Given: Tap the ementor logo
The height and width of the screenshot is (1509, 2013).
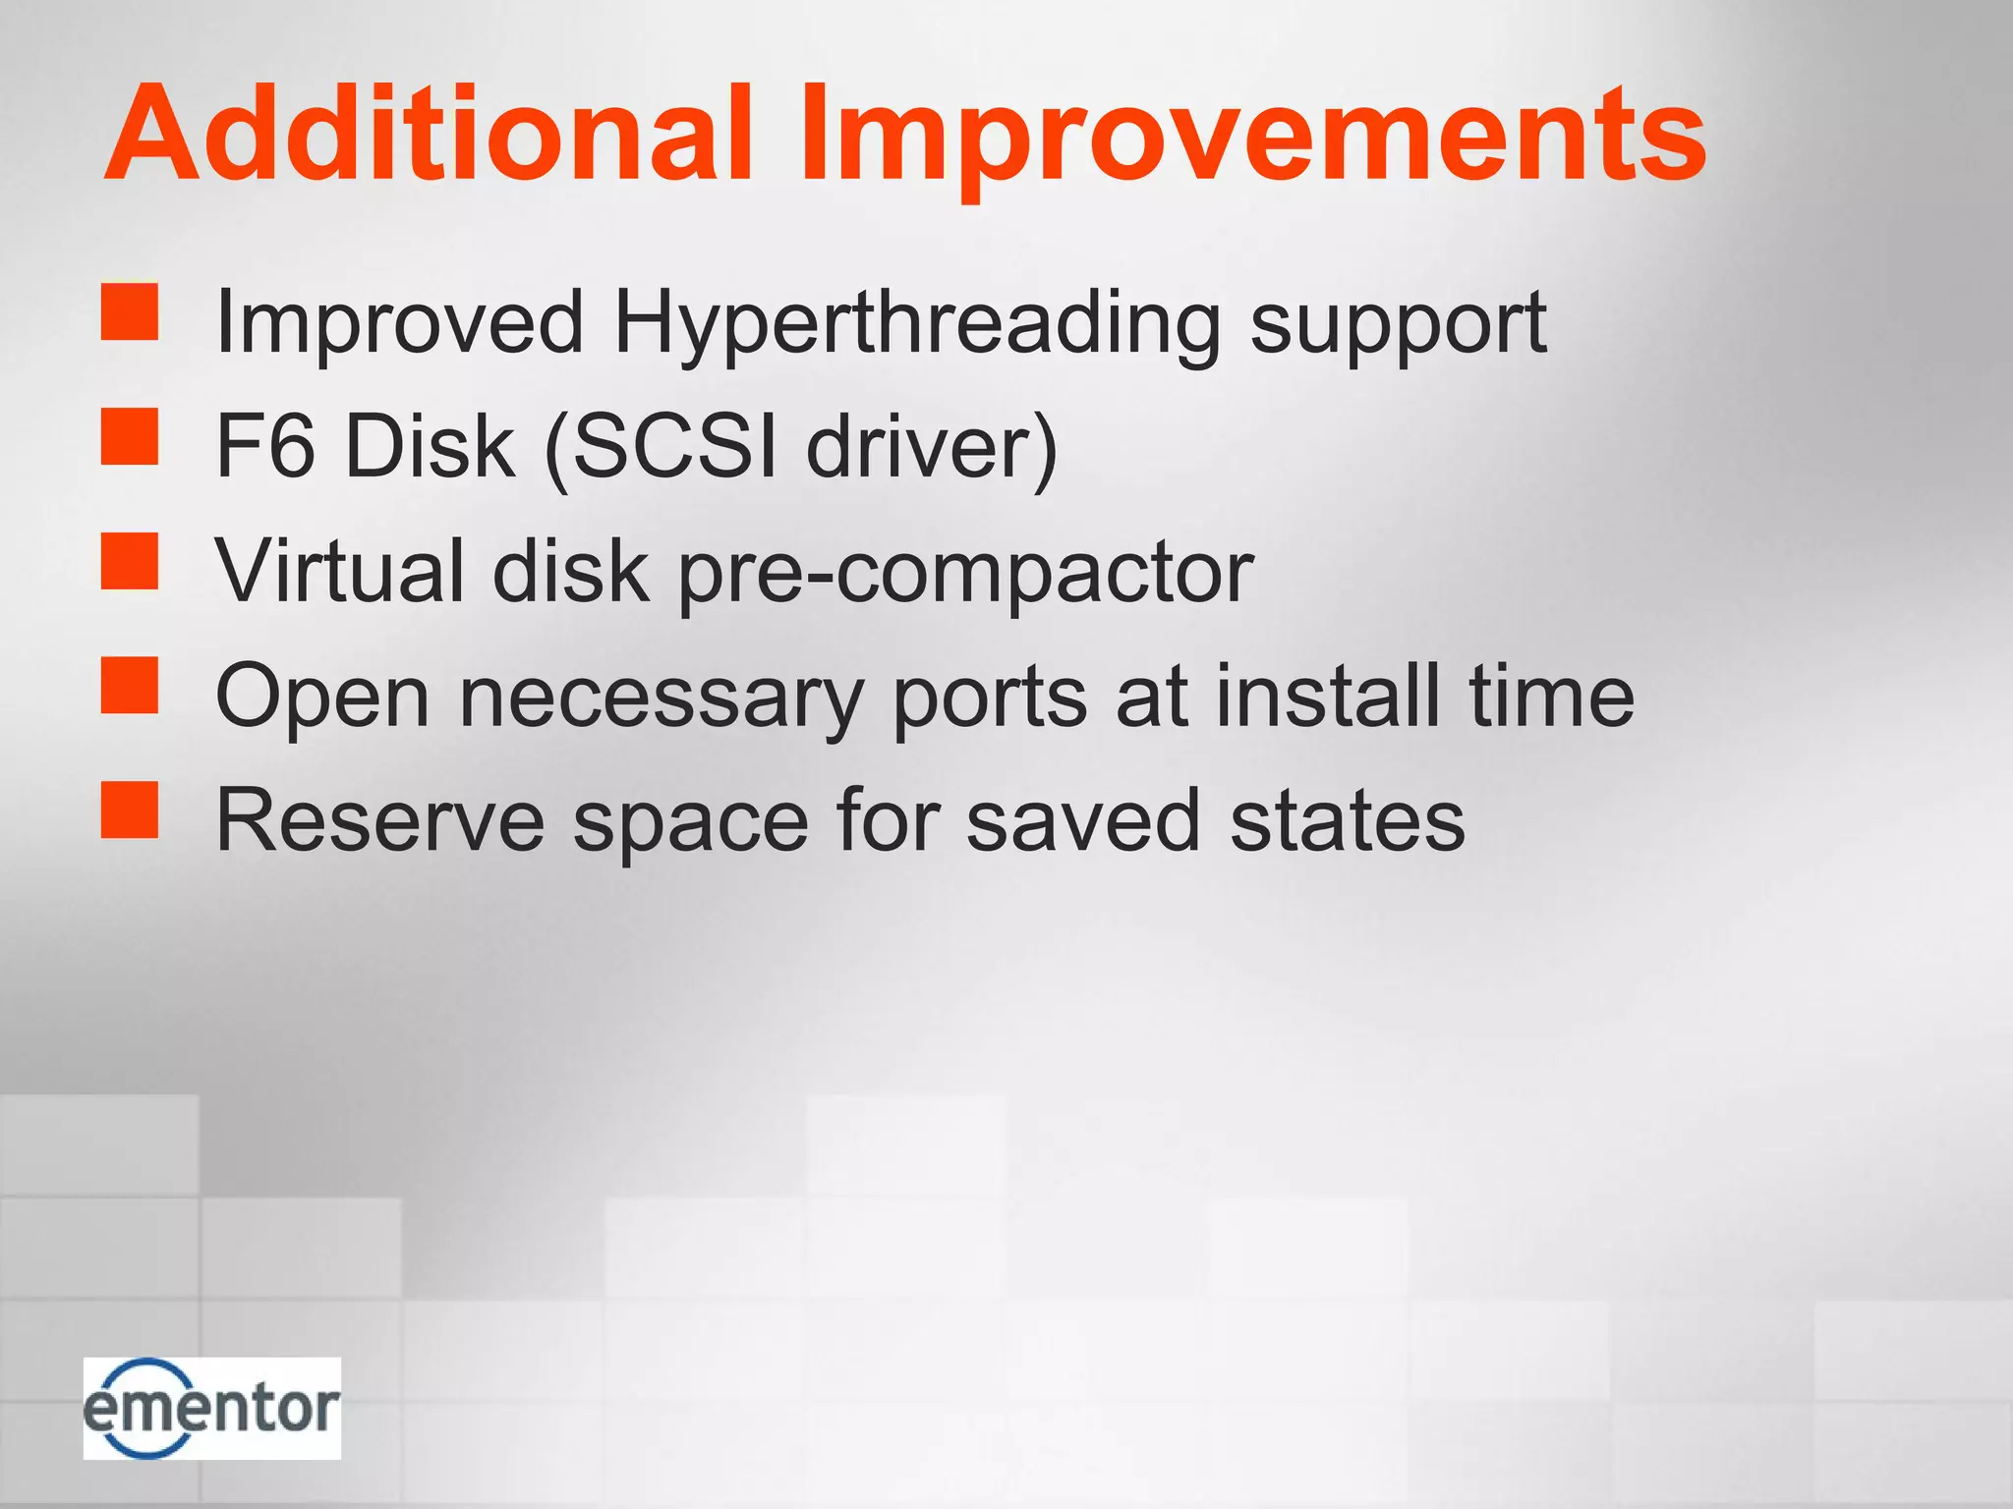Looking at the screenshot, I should point(211,1408).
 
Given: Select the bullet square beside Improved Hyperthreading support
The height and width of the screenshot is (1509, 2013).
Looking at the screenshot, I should point(130,312).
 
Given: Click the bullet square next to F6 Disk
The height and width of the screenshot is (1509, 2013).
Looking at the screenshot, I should point(130,436).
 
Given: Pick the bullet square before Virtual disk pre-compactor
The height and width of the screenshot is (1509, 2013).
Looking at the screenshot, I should point(130,561).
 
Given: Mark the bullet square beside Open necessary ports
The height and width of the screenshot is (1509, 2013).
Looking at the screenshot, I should point(130,685).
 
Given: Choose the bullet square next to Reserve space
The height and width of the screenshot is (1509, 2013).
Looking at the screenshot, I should point(130,810).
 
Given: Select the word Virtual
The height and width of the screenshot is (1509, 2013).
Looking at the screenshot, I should point(339,571).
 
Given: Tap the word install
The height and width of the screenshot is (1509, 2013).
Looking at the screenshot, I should point(1328,696).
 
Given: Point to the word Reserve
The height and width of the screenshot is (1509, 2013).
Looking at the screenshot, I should point(379,820).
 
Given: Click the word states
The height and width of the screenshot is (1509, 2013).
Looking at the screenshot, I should point(1347,820).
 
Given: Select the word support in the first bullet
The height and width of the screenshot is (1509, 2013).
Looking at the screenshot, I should point(1398,327).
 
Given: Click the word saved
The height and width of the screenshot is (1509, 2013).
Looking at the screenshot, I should point(1082,820).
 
